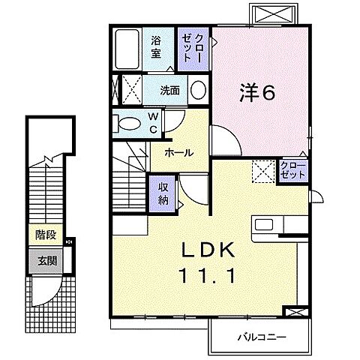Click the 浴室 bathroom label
click(x=156, y=46)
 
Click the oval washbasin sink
click(x=198, y=91)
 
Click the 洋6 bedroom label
click(x=258, y=92)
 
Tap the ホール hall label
click(x=179, y=152)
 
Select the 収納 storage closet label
click(x=163, y=193)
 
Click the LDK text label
click(x=208, y=250)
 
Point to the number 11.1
click(x=208, y=276)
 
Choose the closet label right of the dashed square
click(x=293, y=169)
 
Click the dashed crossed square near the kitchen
click(x=263, y=172)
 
